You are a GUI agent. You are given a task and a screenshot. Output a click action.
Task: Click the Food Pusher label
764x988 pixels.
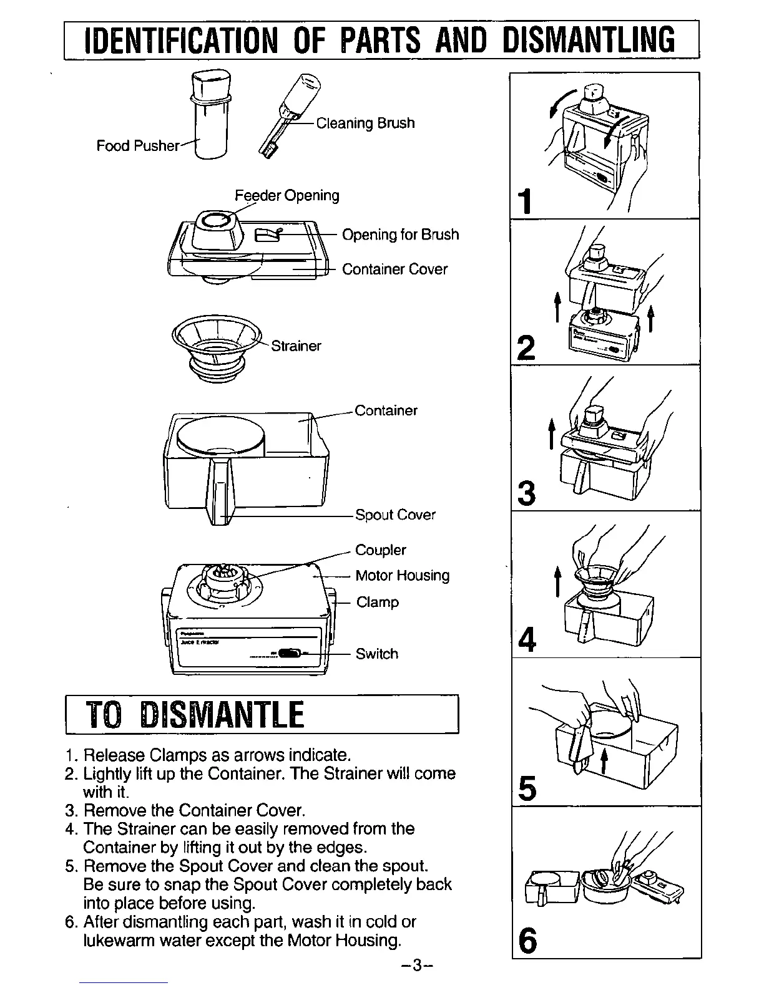click(x=137, y=146)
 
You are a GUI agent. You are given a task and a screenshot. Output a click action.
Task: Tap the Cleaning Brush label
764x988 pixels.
click(x=365, y=123)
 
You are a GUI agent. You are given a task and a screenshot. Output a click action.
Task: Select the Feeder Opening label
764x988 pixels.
click(x=287, y=195)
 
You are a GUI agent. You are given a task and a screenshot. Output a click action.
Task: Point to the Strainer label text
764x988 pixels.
click(x=296, y=346)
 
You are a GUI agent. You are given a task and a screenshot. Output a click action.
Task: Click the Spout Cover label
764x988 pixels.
click(x=395, y=515)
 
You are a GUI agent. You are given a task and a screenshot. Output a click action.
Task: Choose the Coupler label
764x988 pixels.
click(x=380, y=550)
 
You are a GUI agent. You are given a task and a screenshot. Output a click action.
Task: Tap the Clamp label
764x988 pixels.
click(x=377, y=602)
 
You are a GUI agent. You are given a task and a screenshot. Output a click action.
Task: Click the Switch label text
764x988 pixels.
click(x=376, y=654)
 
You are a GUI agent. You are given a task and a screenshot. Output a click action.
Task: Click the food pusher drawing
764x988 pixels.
click(x=211, y=115)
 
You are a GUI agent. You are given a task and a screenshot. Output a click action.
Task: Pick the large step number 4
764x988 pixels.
click(x=527, y=640)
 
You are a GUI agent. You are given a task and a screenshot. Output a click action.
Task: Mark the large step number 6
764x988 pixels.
click(x=527, y=940)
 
